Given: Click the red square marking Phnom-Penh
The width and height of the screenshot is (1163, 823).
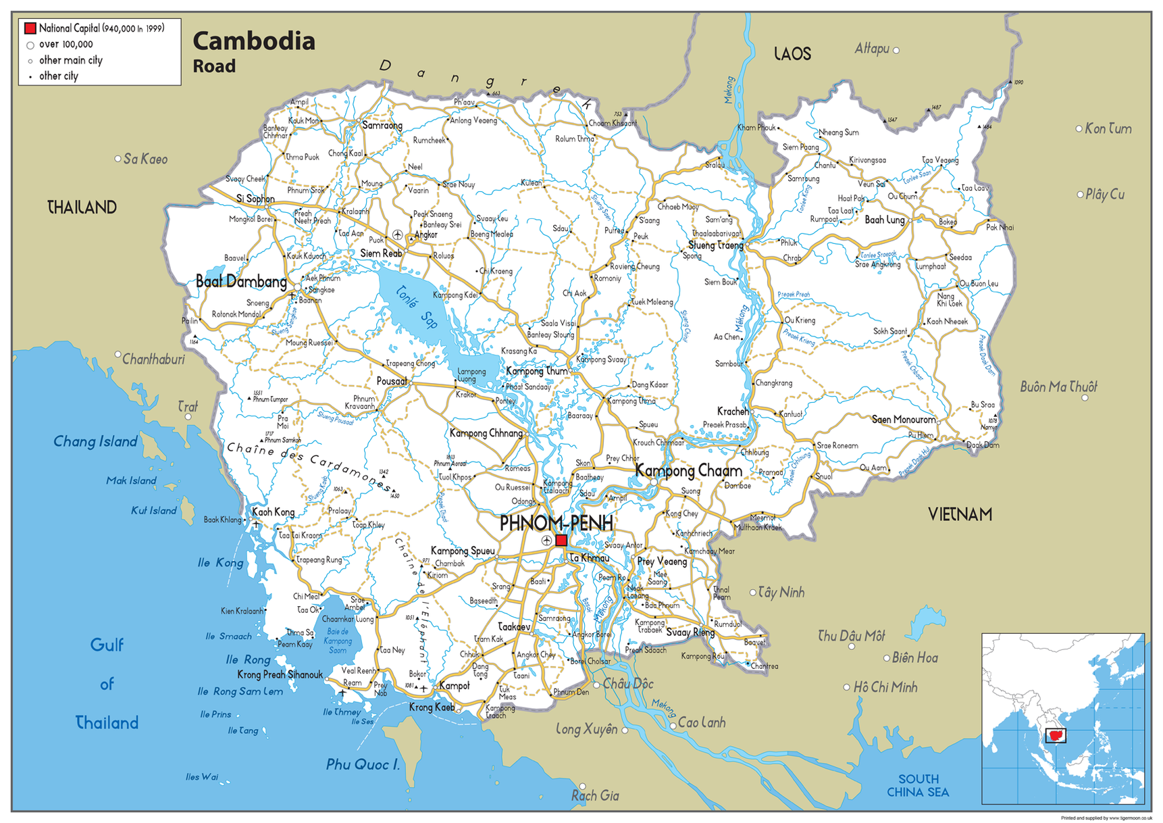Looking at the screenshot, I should [561, 541].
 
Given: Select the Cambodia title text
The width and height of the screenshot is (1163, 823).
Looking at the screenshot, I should [254, 41].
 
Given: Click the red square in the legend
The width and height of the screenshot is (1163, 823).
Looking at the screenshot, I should [30, 28].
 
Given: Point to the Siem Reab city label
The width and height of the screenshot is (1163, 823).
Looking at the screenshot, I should [380, 253].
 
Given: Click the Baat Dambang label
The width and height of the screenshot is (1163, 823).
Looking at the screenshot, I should [241, 282].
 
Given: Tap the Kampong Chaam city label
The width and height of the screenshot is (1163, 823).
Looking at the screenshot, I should [689, 470].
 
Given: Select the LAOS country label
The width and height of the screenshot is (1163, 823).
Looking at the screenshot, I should [792, 54].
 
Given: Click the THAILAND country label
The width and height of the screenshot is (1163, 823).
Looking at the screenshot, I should [82, 207].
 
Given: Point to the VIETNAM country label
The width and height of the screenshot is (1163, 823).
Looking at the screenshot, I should [960, 515].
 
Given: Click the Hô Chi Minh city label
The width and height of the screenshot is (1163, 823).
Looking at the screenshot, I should [885, 687].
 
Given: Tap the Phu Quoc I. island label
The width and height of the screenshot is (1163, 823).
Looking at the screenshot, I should [363, 764].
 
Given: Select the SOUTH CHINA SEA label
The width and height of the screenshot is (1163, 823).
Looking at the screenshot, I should [918, 785].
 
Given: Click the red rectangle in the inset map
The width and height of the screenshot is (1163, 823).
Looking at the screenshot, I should [1055, 735].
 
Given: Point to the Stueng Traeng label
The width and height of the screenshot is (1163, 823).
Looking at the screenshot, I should [715, 245].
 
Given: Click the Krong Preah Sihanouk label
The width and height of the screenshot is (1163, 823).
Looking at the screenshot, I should [280, 674].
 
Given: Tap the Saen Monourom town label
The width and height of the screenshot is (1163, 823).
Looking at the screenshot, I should [903, 420].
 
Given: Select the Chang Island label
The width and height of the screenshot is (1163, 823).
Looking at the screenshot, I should [95, 441].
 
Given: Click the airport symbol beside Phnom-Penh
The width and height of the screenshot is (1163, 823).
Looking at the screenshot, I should [546, 541].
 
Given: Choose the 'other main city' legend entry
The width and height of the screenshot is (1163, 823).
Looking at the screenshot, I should [70, 60].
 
